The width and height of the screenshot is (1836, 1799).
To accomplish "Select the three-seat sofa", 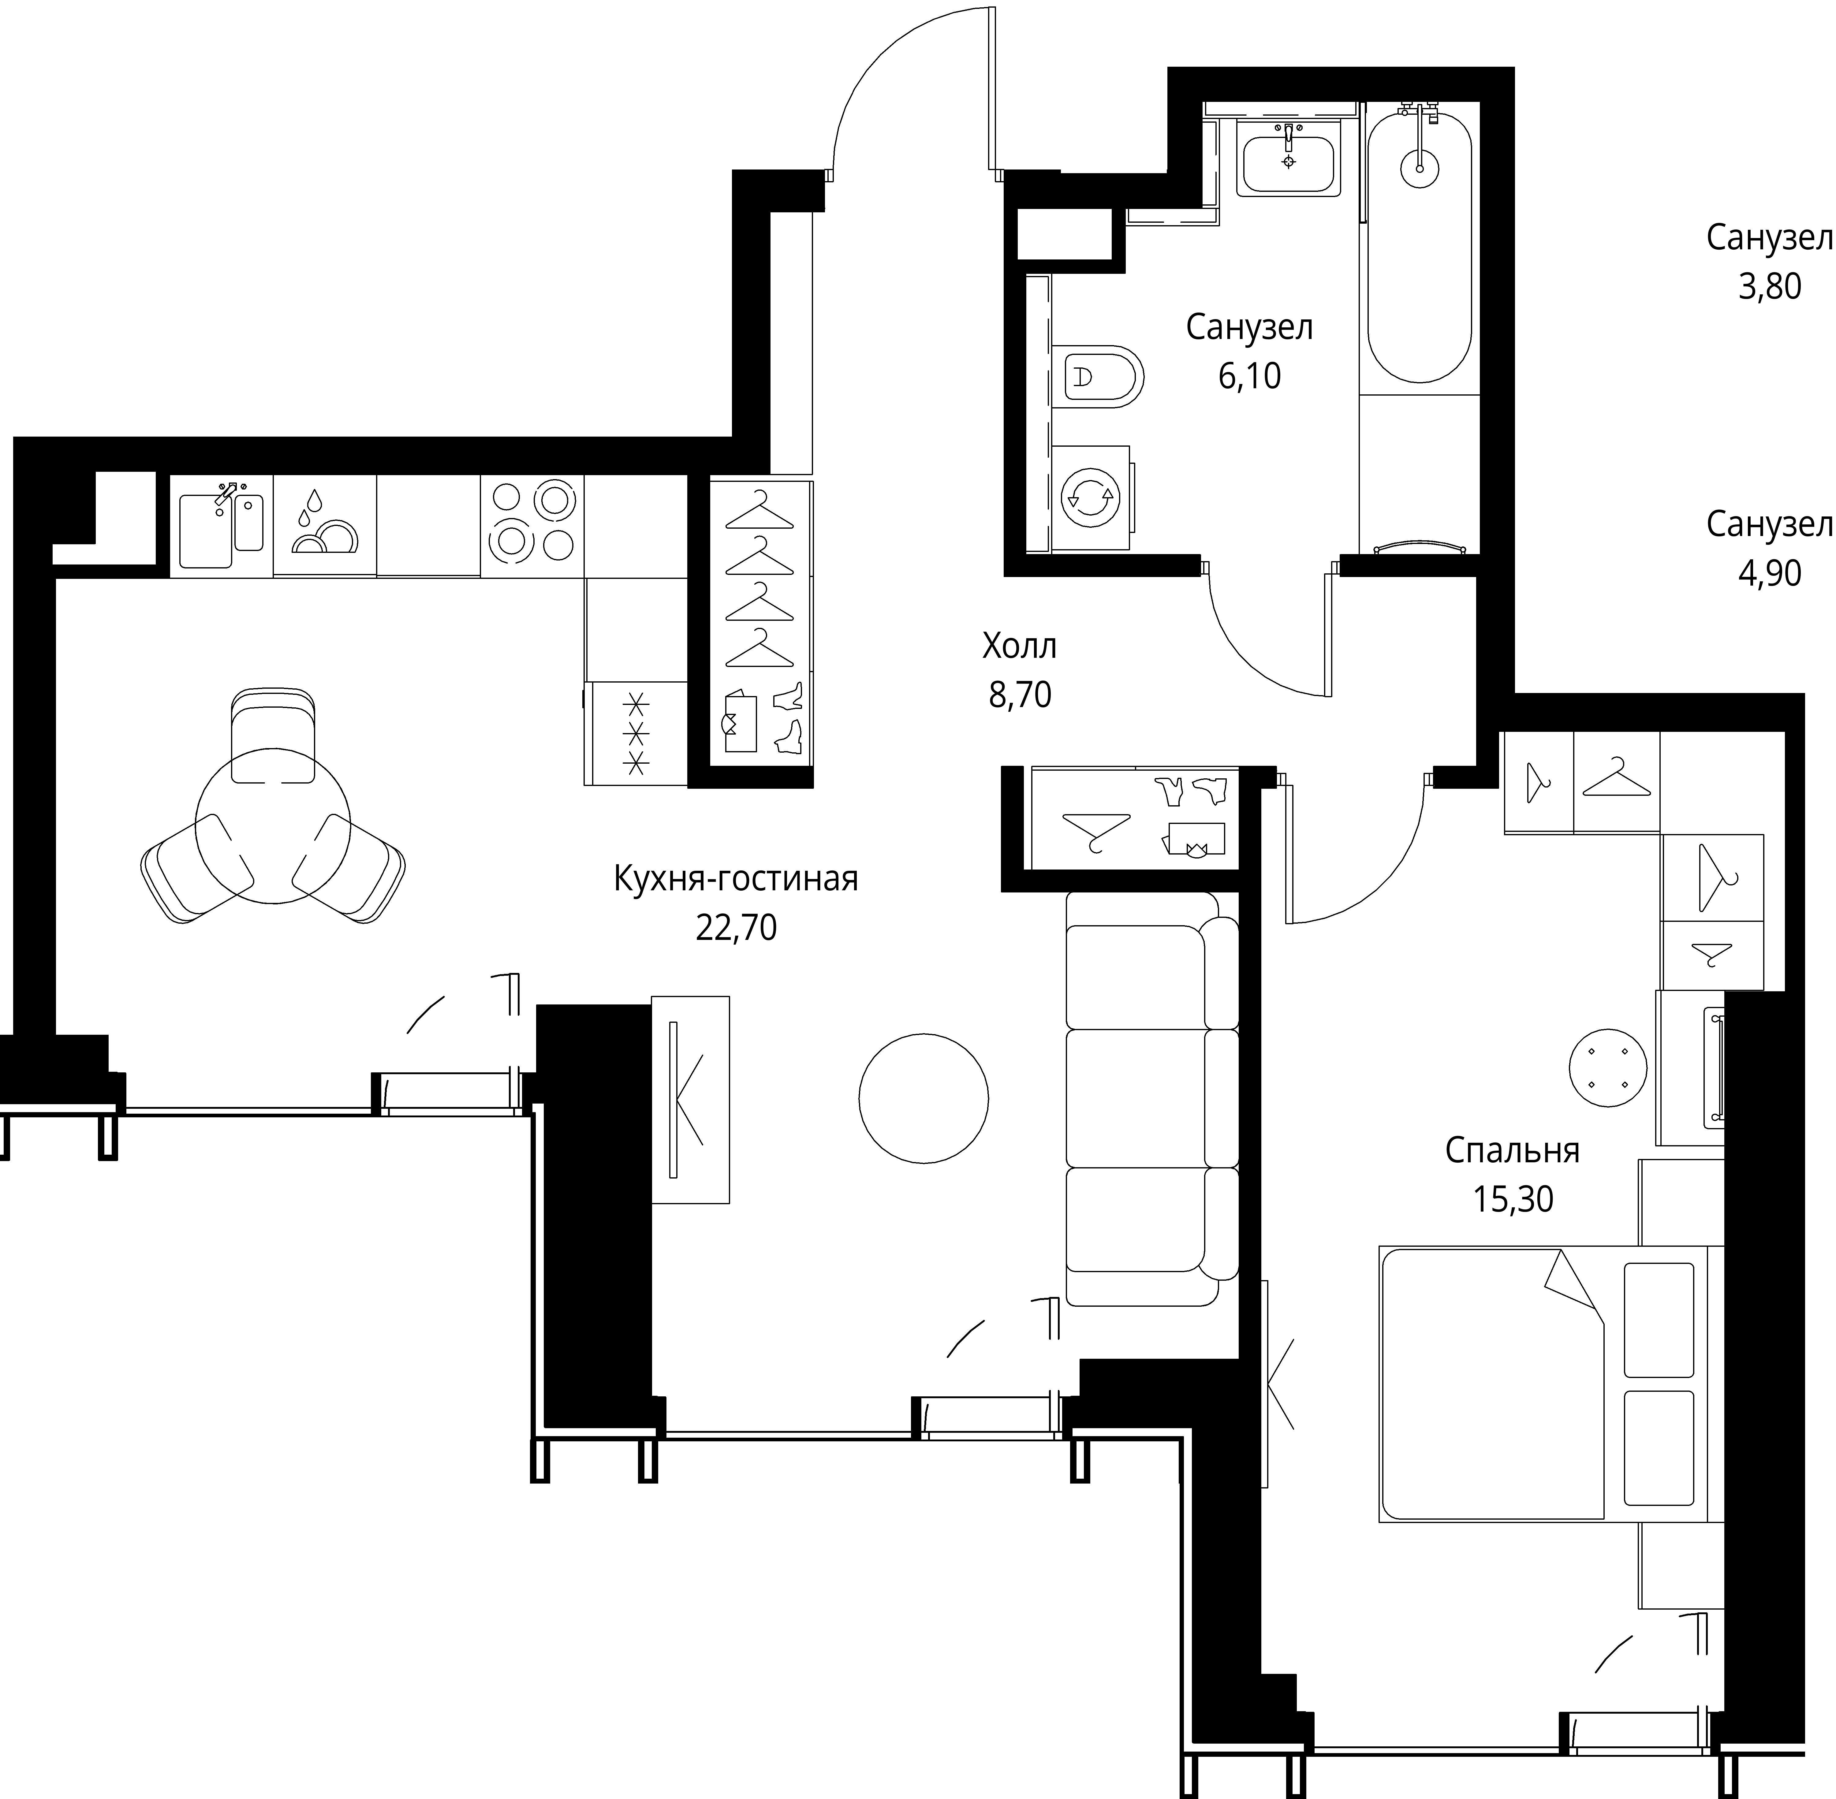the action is point(1152,1098).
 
